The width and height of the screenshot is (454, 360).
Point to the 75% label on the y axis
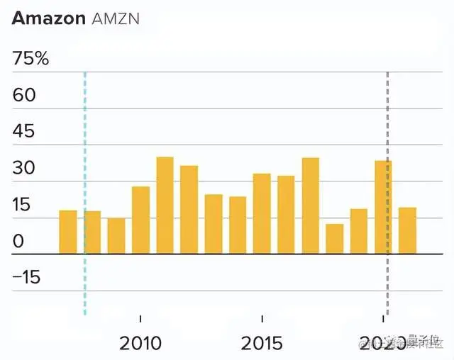pos(31,59)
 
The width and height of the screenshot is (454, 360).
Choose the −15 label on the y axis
pos(26,278)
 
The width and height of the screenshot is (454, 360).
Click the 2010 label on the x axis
pos(140,344)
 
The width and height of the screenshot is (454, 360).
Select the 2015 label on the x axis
pos(262,344)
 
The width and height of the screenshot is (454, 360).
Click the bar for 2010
pos(140,220)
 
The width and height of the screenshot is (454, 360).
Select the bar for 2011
pos(165,206)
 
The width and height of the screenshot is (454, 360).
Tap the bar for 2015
pos(262,213)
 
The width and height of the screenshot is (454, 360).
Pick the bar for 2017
pos(310,206)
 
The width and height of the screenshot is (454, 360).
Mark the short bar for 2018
pos(335,239)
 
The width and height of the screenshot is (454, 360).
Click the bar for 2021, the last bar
pos(407,230)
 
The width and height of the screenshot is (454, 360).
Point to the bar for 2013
pos(214,224)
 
